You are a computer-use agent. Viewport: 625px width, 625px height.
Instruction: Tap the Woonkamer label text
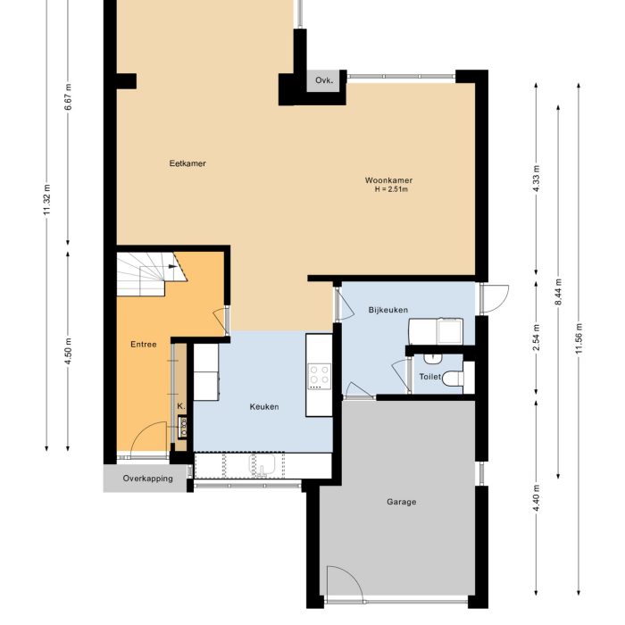388,181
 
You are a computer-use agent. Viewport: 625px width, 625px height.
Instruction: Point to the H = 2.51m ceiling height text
390,190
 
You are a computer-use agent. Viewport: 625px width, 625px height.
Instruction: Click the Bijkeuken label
387,310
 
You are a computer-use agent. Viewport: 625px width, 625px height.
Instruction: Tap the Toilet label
429,378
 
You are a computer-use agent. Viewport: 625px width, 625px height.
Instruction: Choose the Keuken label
264,406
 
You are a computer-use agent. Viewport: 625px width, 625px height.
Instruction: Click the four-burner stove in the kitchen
319,377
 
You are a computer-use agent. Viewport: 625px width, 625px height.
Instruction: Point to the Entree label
144,345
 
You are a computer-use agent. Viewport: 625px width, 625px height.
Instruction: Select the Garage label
401,502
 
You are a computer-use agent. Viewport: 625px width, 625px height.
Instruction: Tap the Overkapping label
146,479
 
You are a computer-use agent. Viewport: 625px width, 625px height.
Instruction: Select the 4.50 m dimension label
69,353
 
